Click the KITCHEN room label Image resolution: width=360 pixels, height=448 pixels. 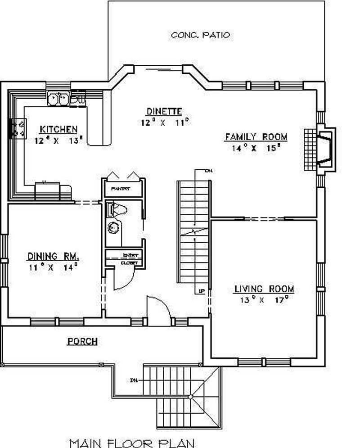[x=58, y=130]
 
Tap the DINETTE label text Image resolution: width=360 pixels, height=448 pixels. [x=164, y=111]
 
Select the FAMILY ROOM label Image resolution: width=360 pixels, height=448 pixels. [x=256, y=137]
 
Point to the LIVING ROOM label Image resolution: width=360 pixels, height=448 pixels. [x=264, y=289]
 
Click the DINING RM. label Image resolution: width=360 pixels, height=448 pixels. [x=54, y=257]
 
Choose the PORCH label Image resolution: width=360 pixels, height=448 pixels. [x=82, y=342]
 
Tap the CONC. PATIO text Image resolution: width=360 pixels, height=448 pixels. [x=201, y=35]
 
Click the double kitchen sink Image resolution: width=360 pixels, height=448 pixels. [x=58, y=98]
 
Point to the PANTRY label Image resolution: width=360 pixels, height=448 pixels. [x=121, y=189]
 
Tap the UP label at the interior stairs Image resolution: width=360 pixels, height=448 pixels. [x=201, y=291]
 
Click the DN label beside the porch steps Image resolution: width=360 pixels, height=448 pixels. [x=134, y=381]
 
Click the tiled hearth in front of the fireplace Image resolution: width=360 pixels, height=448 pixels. [x=310, y=150]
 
